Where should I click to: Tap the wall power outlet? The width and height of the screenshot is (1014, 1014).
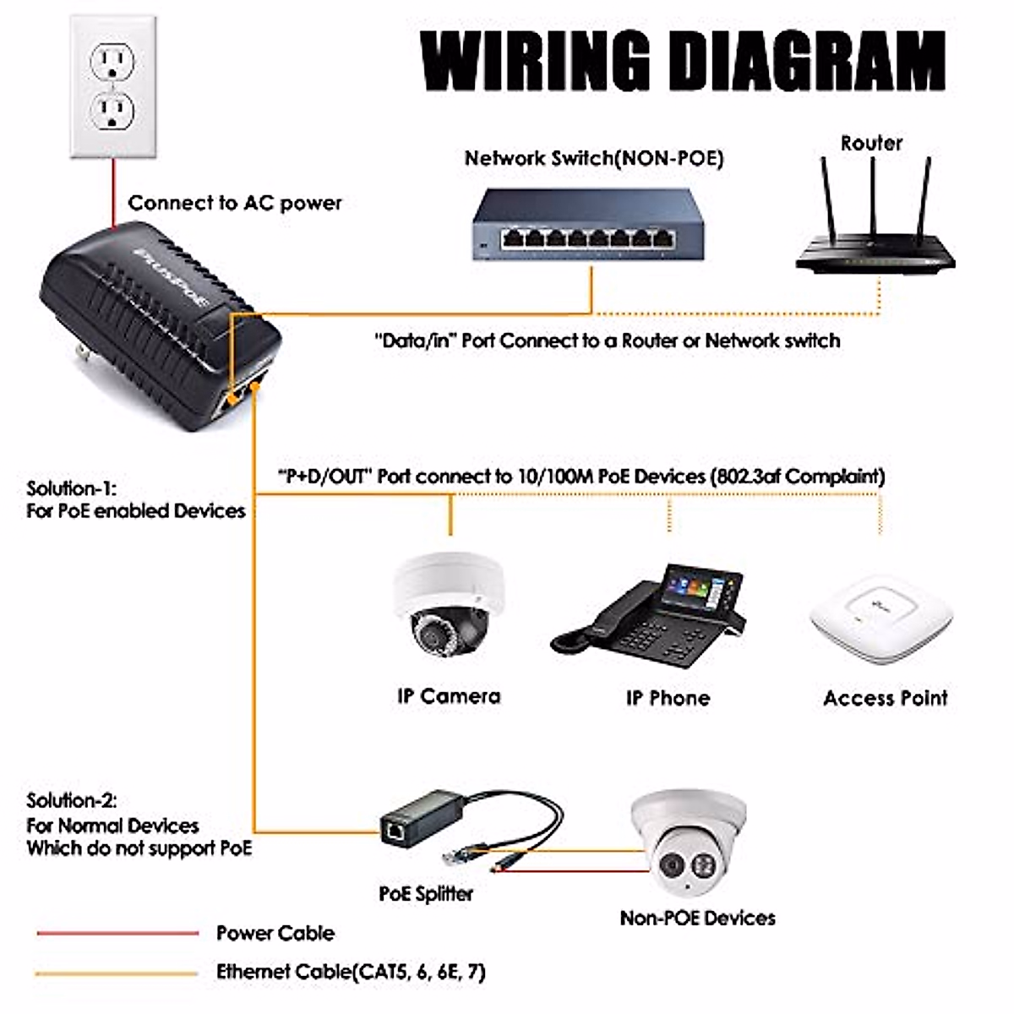pos(113,86)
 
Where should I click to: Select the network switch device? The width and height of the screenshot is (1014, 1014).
pos(588,224)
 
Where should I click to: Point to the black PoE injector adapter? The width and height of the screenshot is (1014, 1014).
pos(161,325)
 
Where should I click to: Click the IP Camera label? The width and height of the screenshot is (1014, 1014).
pos(449,696)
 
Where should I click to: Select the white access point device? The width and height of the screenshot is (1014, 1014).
pos(880,618)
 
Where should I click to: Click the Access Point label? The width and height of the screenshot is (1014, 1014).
pos(885,698)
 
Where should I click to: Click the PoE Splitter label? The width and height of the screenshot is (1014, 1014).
pos(426,893)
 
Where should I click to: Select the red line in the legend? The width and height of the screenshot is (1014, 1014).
pos(117,934)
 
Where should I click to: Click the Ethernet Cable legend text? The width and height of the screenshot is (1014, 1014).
pos(351,972)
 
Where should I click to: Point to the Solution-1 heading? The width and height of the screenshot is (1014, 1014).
pos(71,488)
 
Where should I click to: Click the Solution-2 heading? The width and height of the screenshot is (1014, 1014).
pos(72,800)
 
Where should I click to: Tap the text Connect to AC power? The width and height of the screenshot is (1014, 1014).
pos(235,203)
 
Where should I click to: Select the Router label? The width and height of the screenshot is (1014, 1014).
pos(871,143)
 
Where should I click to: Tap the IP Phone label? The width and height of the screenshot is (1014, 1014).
pos(668,698)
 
